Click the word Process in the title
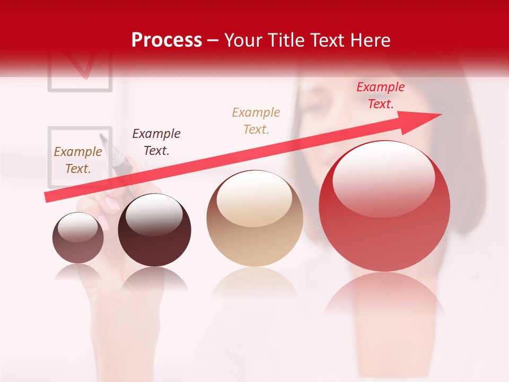[166, 40]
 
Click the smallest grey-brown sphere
[78, 238]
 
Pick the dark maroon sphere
[154, 230]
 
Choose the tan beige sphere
[255, 219]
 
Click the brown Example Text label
[78, 160]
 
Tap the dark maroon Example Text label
[156, 142]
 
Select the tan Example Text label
[256, 121]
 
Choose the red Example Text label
[380, 95]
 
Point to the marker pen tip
[102, 137]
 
